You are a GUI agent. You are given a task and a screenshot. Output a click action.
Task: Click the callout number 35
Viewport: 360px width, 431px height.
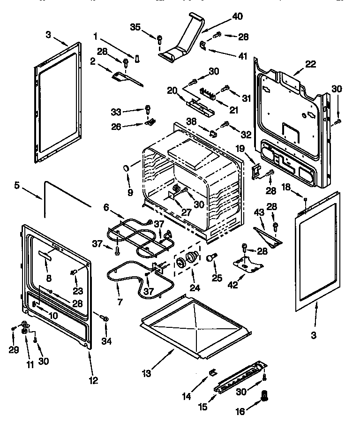[135, 27]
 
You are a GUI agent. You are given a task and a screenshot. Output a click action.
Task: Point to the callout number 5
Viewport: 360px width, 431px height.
[17, 186]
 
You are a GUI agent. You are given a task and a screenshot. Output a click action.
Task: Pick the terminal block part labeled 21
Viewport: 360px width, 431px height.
[208, 94]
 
